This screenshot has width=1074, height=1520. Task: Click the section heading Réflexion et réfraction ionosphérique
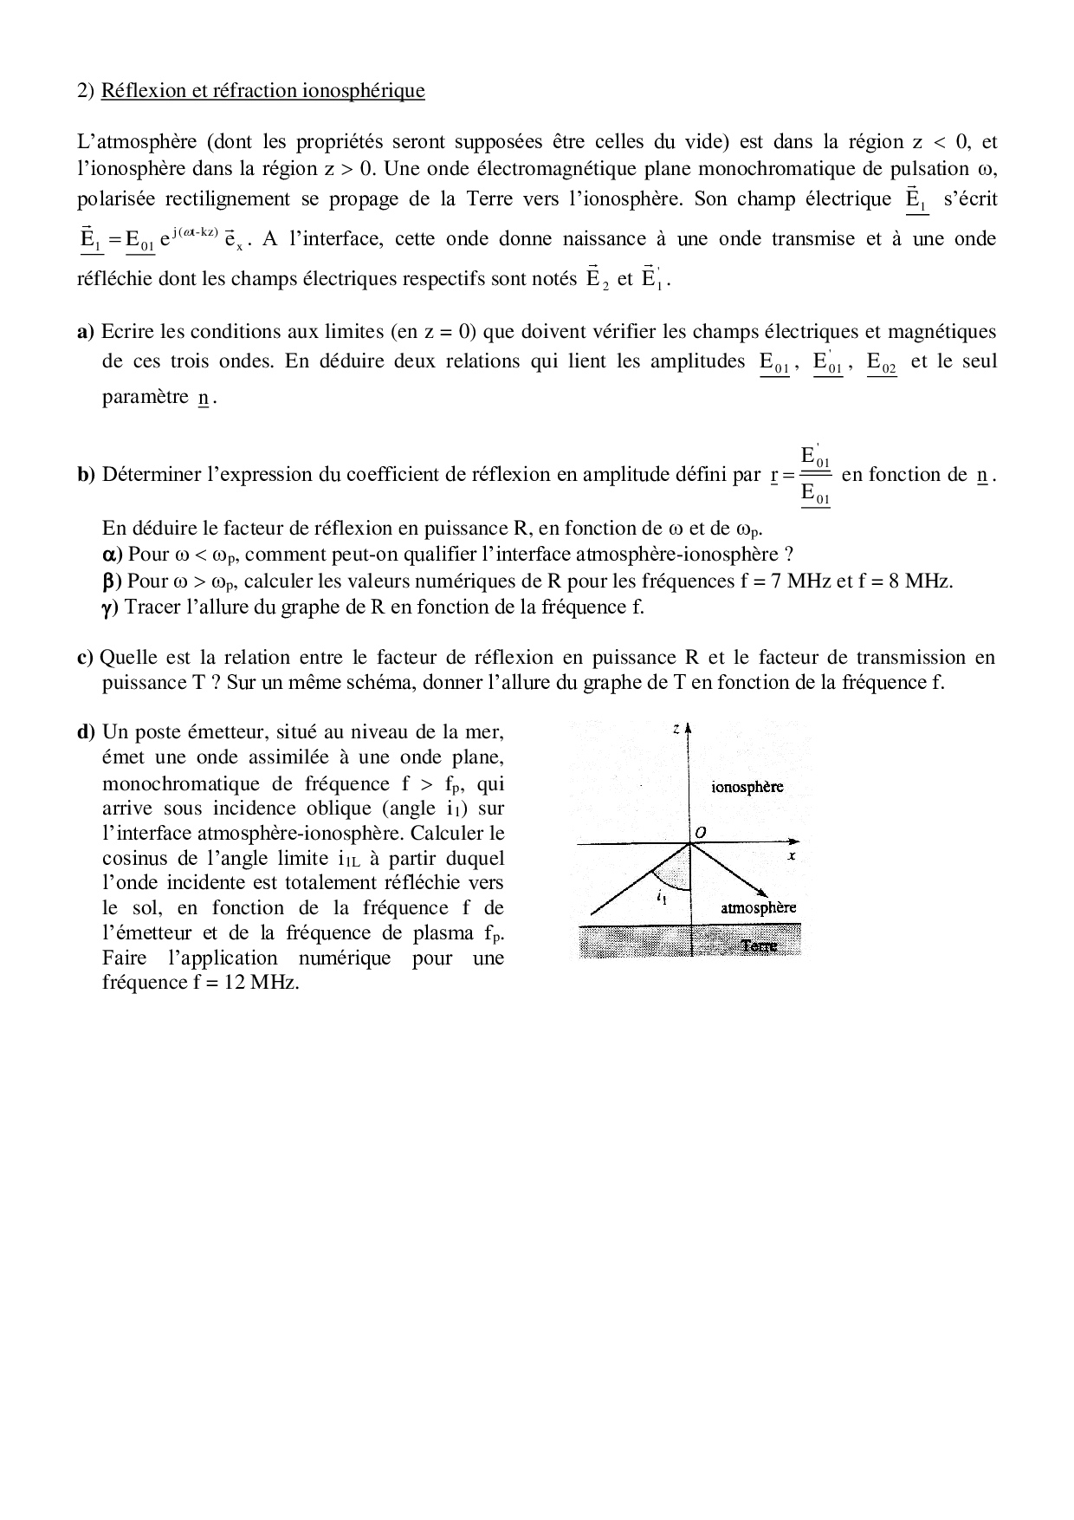coord(262,90)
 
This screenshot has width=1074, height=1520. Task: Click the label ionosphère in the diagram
coord(747,787)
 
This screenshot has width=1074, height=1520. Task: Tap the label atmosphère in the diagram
coord(758,907)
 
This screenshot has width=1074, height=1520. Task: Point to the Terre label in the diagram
coord(759,945)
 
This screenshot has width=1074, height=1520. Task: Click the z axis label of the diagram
coord(676,730)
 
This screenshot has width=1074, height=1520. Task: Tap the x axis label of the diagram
coord(792,856)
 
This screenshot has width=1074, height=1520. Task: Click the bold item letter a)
coord(85,331)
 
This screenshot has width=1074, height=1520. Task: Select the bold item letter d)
coord(85,732)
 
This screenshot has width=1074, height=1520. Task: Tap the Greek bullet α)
coord(113,555)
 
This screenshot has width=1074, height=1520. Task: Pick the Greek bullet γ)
coord(110,607)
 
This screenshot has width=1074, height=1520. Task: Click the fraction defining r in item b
coord(815,475)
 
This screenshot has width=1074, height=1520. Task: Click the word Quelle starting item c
coord(127,658)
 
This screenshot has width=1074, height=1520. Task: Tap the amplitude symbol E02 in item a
coord(882,363)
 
